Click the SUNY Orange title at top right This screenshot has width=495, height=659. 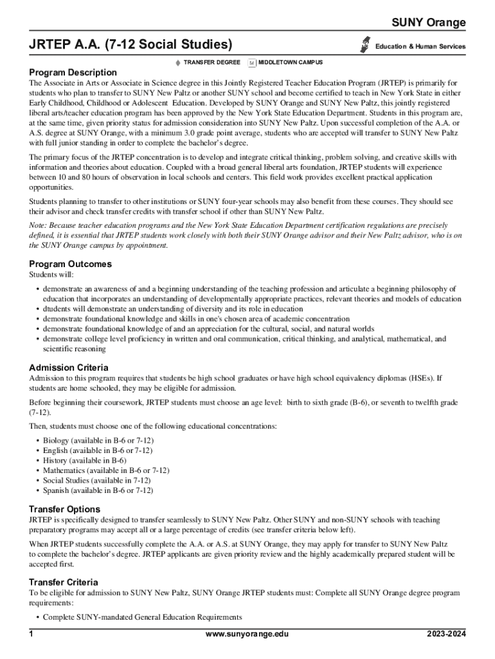coord(429,23)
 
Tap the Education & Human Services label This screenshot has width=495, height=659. coord(421,46)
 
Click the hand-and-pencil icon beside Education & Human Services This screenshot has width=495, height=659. coord(366,43)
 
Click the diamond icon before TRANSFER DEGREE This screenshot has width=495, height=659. coord(177,62)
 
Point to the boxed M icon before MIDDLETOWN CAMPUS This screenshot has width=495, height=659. coord(252,62)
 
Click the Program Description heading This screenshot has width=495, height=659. coord(73,73)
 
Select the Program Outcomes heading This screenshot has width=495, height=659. coord(70,264)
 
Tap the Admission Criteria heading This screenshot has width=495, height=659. coord(69,367)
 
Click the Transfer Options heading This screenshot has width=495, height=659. coord(64,509)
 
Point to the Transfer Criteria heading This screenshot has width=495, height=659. coord(64,582)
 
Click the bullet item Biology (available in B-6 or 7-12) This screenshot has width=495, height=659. coord(98,440)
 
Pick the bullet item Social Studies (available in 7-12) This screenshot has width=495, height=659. coord(96,480)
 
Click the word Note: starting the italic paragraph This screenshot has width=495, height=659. coord(37,225)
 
